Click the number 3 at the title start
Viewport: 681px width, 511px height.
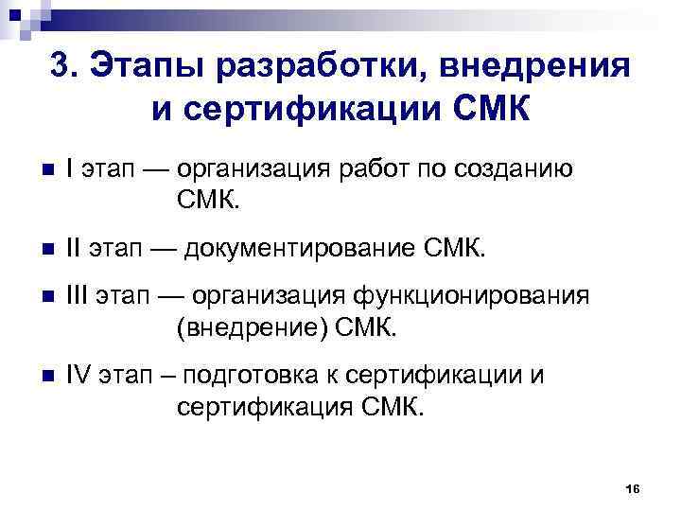click(60, 68)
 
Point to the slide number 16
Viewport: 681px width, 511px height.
click(634, 487)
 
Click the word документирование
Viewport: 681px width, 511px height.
click(298, 248)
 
